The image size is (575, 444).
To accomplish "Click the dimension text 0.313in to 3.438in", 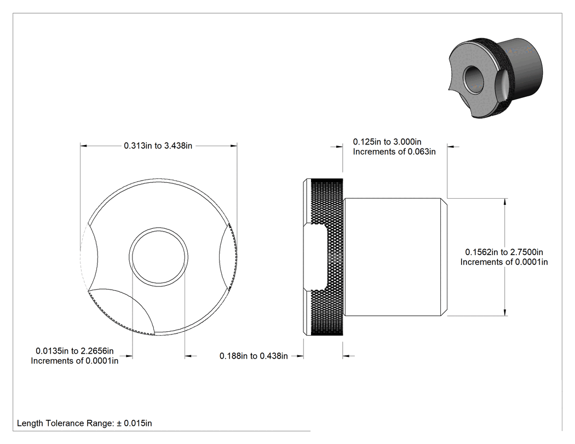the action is (x=158, y=146).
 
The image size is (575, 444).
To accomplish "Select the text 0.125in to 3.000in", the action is (x=387, y=142).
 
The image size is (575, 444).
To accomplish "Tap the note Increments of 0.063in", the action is (x=394, y=152).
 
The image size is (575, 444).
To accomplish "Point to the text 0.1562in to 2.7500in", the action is (x=504, y=252).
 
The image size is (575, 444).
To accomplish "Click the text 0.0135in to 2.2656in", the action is (x=74, y=351).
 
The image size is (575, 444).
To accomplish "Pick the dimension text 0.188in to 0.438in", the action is (x=254, y=356).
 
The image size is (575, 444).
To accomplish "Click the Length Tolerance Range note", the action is (x=84, y=423).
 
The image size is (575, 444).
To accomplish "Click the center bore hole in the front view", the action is (x=159, y=257).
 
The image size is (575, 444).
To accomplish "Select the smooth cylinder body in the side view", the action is (x=395, y=257).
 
